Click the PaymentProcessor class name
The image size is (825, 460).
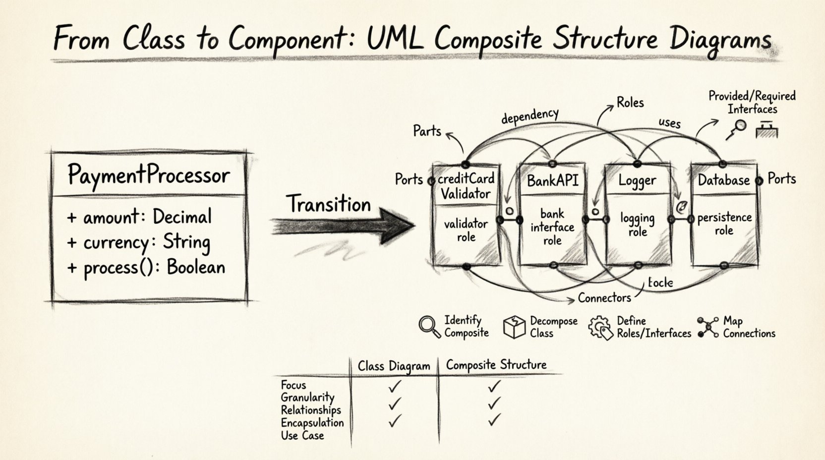[148, 175]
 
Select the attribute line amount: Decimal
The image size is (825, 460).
[140, 217]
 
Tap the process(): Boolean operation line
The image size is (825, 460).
[147, 268]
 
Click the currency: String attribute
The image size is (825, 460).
[139, 242]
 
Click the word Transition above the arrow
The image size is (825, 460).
[328, 204]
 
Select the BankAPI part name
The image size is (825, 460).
[552, 180]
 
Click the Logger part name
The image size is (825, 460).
[637, 180]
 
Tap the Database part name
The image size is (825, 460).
[723, 180]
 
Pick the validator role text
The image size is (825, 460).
[466, 230]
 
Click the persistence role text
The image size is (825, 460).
[724, 224]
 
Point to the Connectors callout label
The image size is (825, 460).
[604, 297]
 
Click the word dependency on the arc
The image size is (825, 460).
[530, 116]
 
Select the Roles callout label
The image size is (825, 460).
[630, 103]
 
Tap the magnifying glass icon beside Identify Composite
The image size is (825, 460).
[429, 327]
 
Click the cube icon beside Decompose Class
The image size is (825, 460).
[514, 327]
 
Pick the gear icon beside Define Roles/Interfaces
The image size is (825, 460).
[600, 328]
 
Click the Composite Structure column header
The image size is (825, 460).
[496, 365]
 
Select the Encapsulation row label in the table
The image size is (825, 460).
[312, 423]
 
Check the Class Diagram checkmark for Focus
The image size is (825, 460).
[395, 385]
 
